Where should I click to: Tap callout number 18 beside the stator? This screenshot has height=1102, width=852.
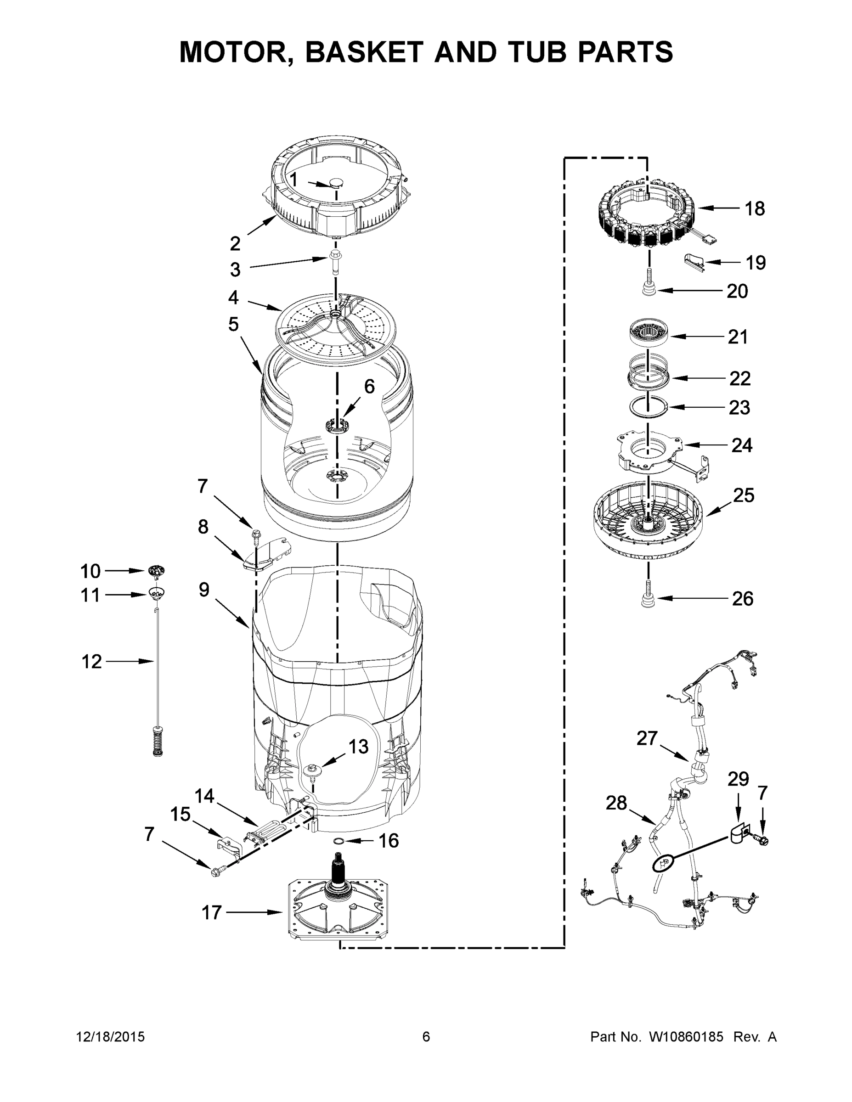click(755, 208)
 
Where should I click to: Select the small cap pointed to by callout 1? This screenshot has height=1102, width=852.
click(335, 182)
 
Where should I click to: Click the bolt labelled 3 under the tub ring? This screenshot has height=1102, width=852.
click(335, 261)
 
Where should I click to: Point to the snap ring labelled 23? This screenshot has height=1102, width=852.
click(649, 407)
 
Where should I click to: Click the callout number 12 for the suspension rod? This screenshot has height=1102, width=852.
click(91, 661)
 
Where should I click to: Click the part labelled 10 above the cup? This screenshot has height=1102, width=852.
click(158, 571)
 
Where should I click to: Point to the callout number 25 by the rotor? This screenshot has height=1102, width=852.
click(744, 495)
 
